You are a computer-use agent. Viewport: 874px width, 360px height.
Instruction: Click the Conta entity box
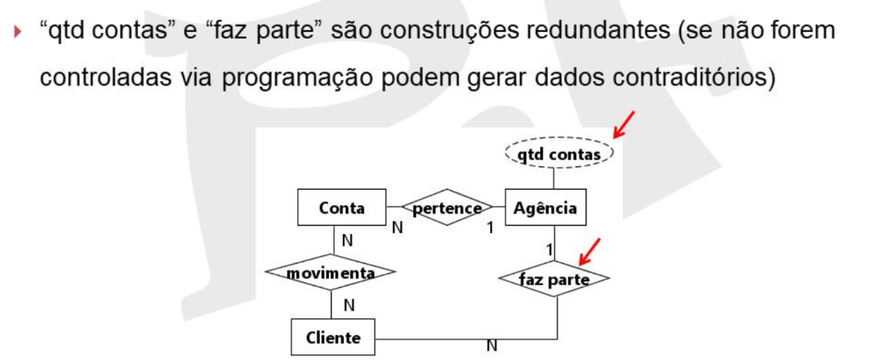pos(341,207)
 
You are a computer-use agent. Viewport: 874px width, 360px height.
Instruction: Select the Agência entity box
pos(545,207)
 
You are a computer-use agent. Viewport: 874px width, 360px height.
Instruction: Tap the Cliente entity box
pos(333,337)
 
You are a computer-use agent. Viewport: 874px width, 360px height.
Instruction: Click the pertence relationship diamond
pos(447,207)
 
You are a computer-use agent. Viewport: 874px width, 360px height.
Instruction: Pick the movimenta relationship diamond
pos(330,272)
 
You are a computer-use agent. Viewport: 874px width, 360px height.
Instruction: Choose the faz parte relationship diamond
pos(554,278)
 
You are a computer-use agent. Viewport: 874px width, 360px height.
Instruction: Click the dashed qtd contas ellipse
pos(559,153)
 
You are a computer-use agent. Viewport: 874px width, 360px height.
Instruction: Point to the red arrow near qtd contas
pos(623,125)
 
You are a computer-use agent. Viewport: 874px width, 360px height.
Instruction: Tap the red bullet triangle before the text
pos(18,32)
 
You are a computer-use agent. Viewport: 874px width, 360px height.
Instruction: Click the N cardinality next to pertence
pos(398,227)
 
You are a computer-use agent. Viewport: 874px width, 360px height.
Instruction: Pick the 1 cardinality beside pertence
pos(491,227)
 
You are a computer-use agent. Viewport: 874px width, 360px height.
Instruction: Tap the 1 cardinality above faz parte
pos(549,250)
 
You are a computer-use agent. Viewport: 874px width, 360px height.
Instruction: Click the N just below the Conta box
pos(348,241)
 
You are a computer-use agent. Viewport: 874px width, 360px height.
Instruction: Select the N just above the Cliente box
pos(349,305)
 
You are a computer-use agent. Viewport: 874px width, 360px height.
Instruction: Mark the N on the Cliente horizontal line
pos(492,346)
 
